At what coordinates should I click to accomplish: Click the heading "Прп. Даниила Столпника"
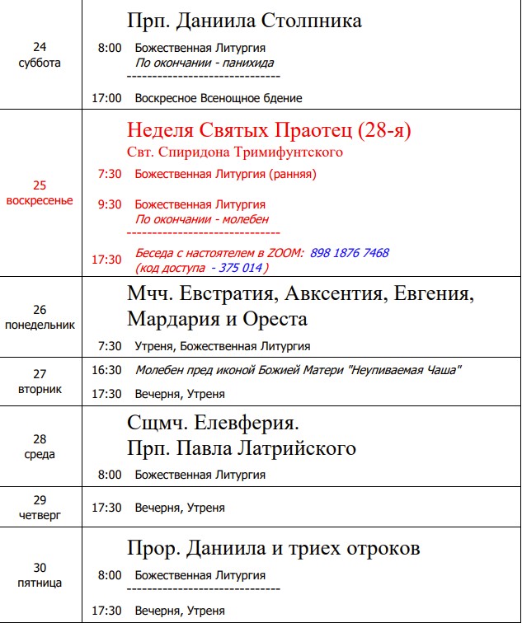[244, 21]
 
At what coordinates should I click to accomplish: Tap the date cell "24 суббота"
[40, 54]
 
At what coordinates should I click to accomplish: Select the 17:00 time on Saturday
[107, 98]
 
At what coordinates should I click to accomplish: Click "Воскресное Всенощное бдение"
[219, 98]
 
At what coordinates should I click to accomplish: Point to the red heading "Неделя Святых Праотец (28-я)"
[269, 131]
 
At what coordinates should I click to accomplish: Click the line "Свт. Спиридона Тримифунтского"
[235, 152]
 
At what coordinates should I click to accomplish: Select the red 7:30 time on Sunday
[109, 174]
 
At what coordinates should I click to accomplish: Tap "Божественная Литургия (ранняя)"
[225, 174]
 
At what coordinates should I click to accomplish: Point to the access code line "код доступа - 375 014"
[201, 268]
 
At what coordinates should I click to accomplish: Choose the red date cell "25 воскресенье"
[40, 194]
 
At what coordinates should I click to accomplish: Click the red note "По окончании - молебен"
[202, 220]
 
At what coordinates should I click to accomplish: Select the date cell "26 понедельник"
[40, 317]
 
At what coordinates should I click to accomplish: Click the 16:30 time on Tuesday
[107, 370]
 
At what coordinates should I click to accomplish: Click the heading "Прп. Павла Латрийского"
[242, 449]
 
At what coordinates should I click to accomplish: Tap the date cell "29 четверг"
[40, 508]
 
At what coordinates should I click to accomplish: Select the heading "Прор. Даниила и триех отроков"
[274, 549]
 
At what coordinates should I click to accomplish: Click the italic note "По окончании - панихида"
[205, 63]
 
